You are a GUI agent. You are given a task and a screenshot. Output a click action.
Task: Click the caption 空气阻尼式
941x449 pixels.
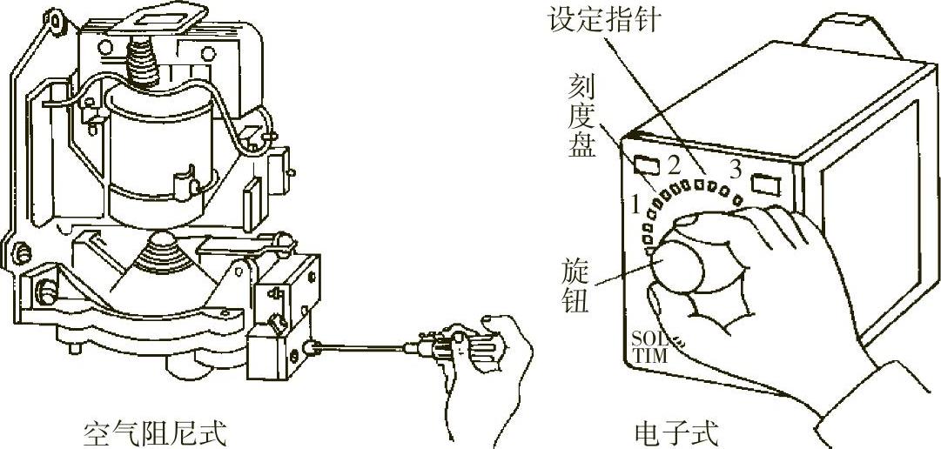click(x=154, y=432)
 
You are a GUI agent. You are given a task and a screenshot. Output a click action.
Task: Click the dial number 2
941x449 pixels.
click(x=672, y=164)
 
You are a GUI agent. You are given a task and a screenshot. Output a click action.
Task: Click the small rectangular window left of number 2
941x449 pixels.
click(x=645, y=164)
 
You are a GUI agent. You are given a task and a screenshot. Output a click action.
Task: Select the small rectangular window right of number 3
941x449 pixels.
click(x=766, y=184)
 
